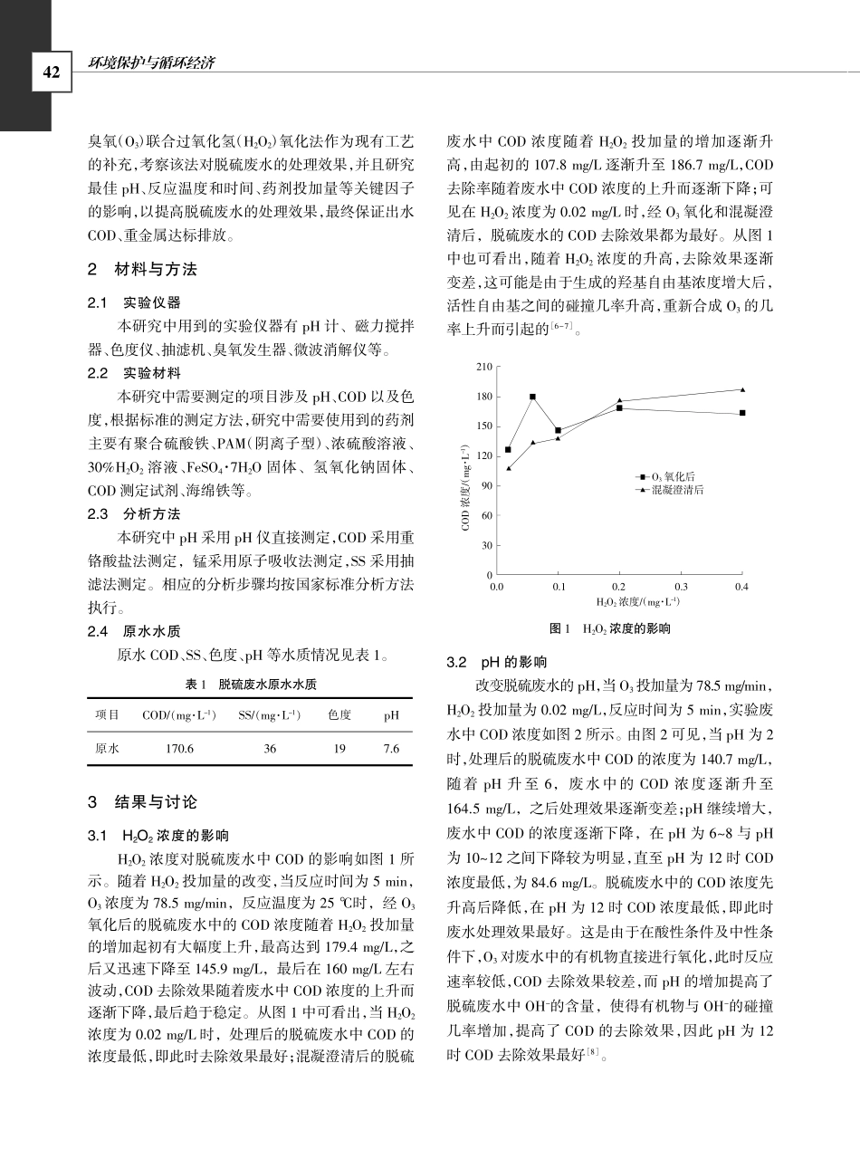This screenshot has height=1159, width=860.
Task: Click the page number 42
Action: tap(49, 72)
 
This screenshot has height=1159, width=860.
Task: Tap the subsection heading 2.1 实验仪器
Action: tap(133, 302)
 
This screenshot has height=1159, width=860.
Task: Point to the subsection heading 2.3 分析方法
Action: tap(133, 513)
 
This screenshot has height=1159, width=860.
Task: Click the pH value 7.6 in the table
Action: tap(391, 749)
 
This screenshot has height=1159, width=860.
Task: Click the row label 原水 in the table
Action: tap(108, 749)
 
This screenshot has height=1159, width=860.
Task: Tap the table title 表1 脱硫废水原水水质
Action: tap(249, 684)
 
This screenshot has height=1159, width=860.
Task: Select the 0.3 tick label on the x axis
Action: tap(681, 587)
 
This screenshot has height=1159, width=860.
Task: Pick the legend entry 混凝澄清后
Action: tap(676, 489)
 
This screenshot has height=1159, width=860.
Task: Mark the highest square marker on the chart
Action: tap(532, 397)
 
